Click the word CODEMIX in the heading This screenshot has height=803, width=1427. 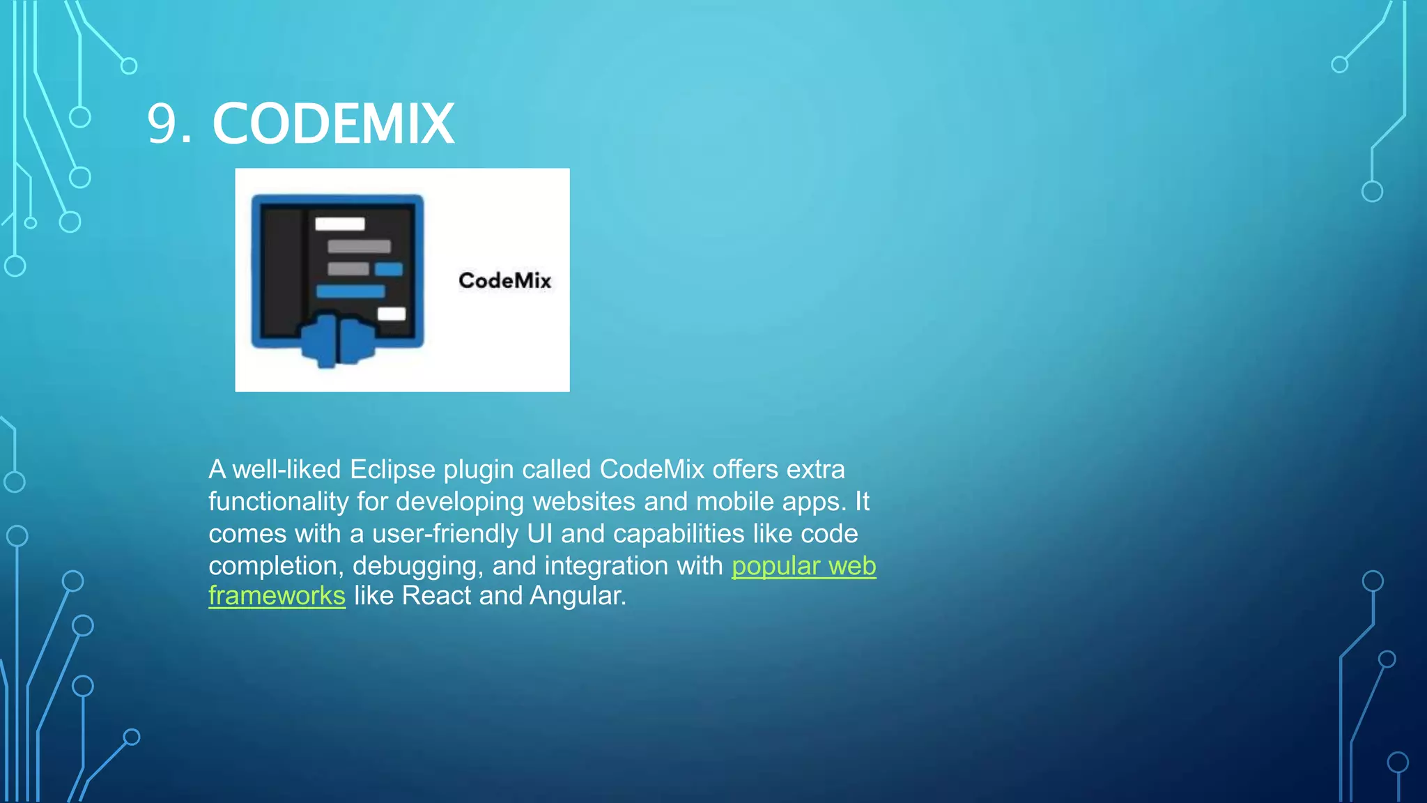[333, 124]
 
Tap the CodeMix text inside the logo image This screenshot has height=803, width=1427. [504, 281]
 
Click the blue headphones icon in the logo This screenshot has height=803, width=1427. [338, 339]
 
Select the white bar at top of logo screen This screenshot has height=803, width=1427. [340, 224]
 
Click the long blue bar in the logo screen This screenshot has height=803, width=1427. [350, 291]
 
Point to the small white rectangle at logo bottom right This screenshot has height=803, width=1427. [392, 314]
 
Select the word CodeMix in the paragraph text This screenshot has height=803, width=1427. [651, 470]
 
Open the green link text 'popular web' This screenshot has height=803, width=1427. [803, 566]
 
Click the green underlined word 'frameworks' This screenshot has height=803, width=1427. [277, 596]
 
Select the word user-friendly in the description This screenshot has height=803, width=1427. [445, 534]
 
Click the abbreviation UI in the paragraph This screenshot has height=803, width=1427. [540, 534]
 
